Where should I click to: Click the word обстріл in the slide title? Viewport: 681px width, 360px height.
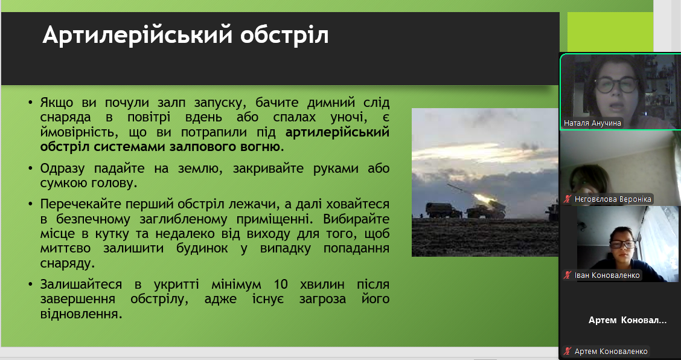284,35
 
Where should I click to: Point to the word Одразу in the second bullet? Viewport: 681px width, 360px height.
63,169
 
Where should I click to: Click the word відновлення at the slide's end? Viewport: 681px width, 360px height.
80,314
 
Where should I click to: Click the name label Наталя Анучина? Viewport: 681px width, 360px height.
592,123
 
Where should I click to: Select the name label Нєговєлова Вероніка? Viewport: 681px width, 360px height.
613,199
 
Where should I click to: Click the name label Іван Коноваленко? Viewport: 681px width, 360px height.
607,275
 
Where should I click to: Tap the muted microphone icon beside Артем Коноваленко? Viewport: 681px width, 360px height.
567,352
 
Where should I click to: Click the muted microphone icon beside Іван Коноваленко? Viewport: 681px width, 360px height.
567,275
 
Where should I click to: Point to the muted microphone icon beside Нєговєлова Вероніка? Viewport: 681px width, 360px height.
567,199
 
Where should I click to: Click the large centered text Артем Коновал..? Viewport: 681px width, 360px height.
627,320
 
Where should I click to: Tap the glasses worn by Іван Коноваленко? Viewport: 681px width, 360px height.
622,244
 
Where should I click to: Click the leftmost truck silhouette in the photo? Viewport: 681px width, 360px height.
443,210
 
